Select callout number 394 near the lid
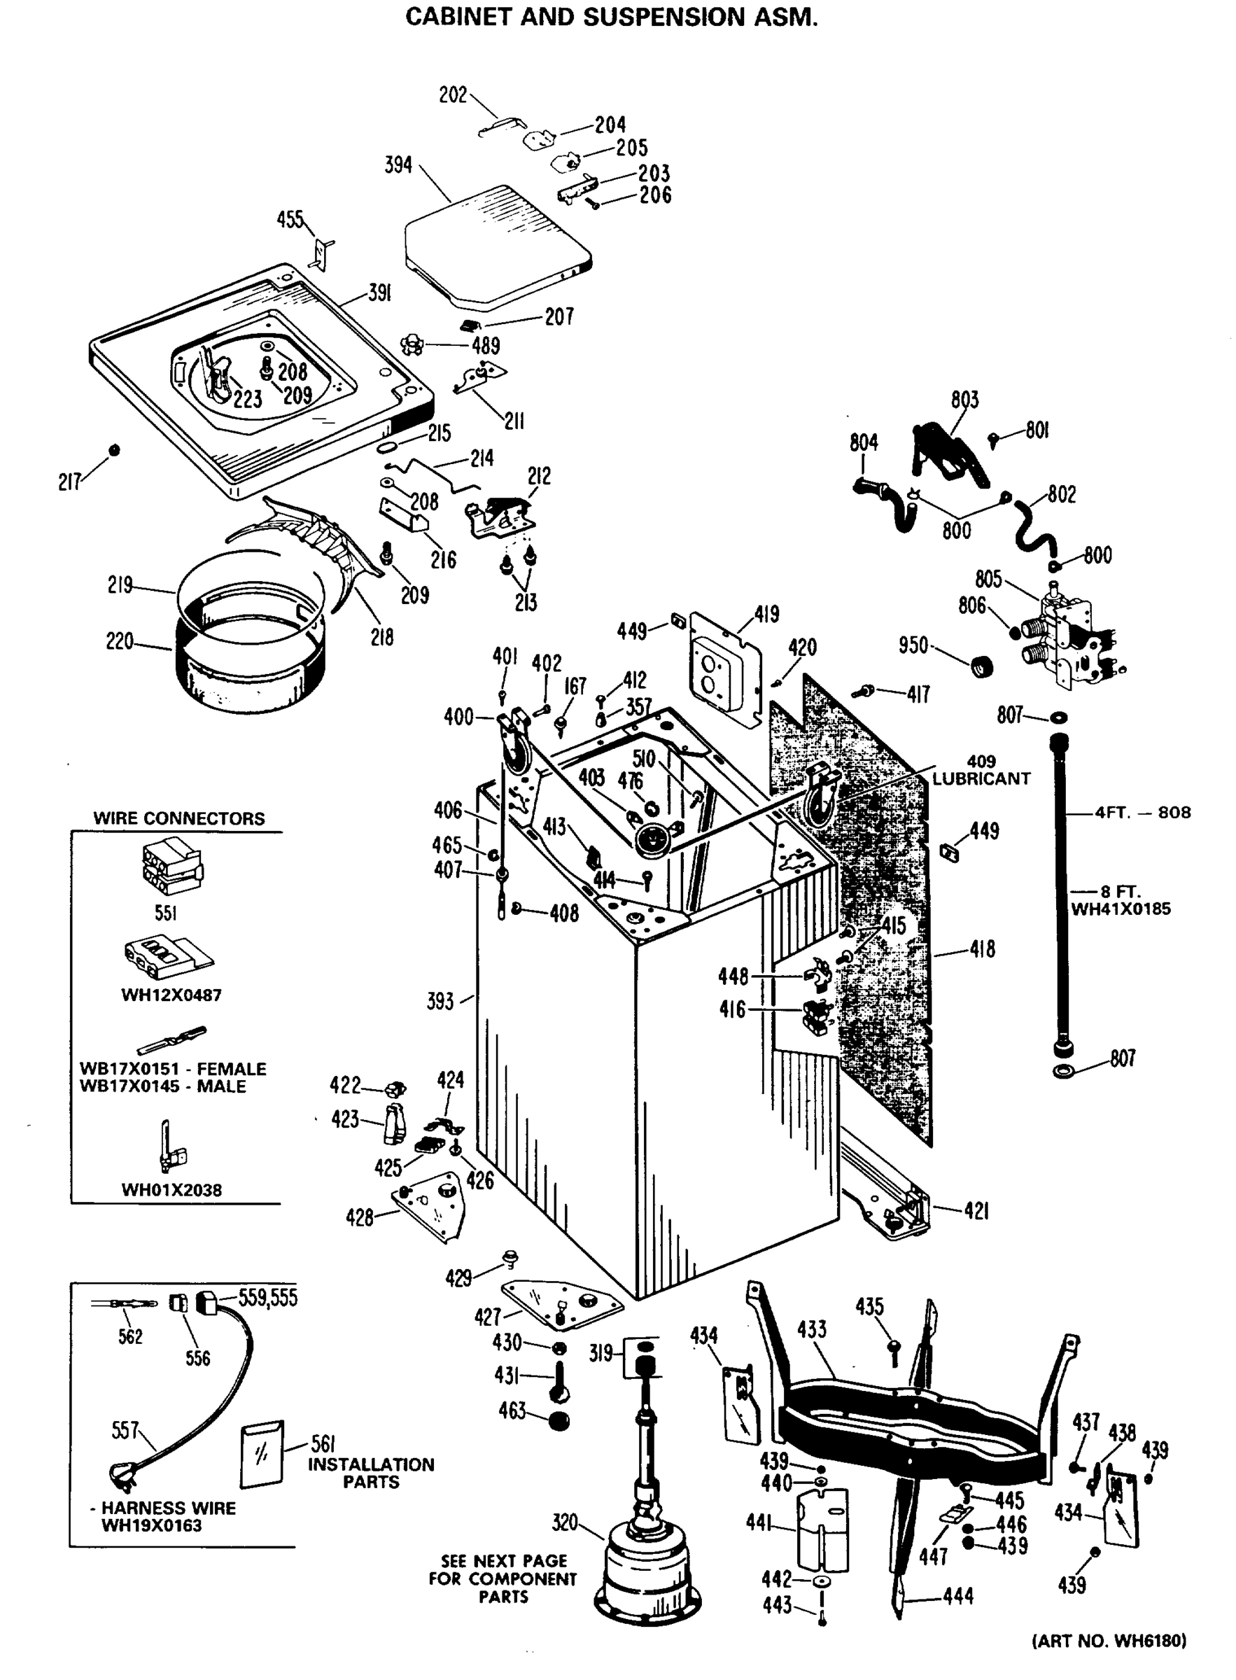pos(398,164)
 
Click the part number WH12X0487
pos(171,995)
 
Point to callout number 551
pos(165,913)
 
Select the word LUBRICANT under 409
pos(981,778)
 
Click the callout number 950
pos(913,645)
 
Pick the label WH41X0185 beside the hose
pos(1120,909)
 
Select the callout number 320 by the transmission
pos(565,1522)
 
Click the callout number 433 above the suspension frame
pos(812,1330)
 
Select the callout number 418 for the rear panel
pos(982,950)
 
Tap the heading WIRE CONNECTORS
pos(178,818)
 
